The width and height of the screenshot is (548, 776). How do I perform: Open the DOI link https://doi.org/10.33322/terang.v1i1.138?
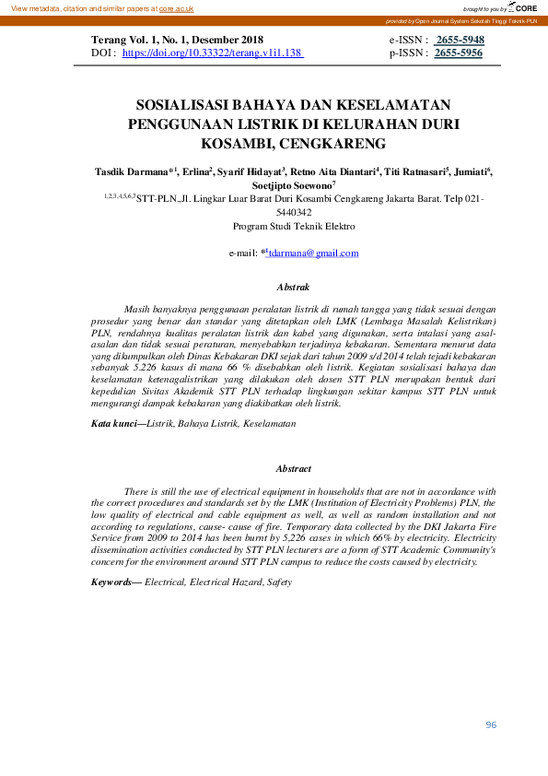(x=213, y=54)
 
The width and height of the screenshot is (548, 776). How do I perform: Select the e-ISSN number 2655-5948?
(x=460, y=41)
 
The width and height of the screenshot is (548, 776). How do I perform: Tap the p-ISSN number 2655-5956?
(x=459, y=54)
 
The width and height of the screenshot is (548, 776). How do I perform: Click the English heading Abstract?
(x=294, y=469)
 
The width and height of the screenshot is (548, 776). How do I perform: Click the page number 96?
(x=491, y=725)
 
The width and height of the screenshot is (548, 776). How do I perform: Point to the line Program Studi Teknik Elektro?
(x=294, y=226)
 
